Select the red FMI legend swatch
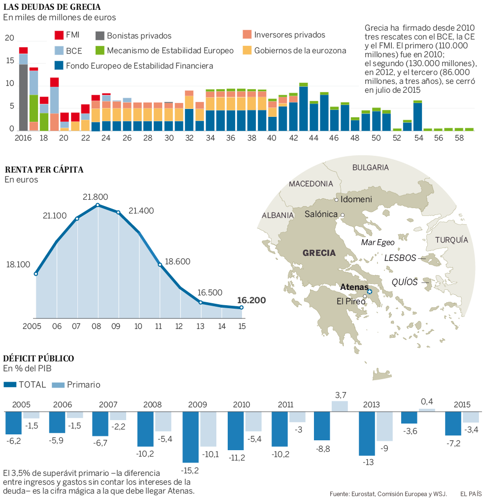59,36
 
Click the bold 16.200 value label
251,300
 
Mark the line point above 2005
36,274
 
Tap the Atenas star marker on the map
370,292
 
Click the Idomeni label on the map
356,200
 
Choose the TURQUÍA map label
451,240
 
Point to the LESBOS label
400,258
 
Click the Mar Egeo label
378,242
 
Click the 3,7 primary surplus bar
340,406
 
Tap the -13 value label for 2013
367,462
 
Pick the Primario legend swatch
58,385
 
